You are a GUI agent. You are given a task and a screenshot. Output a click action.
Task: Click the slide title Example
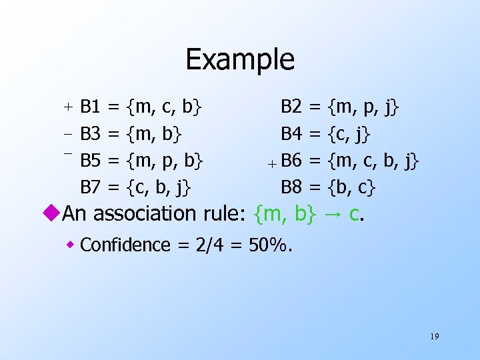[240, 59]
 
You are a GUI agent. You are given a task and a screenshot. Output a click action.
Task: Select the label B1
[90, 105]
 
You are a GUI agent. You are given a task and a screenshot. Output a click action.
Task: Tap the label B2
[291, 105]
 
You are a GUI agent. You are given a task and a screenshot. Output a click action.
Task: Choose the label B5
[90, 160]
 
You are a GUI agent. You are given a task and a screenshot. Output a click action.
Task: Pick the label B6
[291, 160]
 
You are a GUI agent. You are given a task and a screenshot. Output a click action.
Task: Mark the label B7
[90, 187]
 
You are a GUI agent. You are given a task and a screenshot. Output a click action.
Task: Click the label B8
[291, 187]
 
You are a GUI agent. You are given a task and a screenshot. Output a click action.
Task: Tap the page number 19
[434, 337]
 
